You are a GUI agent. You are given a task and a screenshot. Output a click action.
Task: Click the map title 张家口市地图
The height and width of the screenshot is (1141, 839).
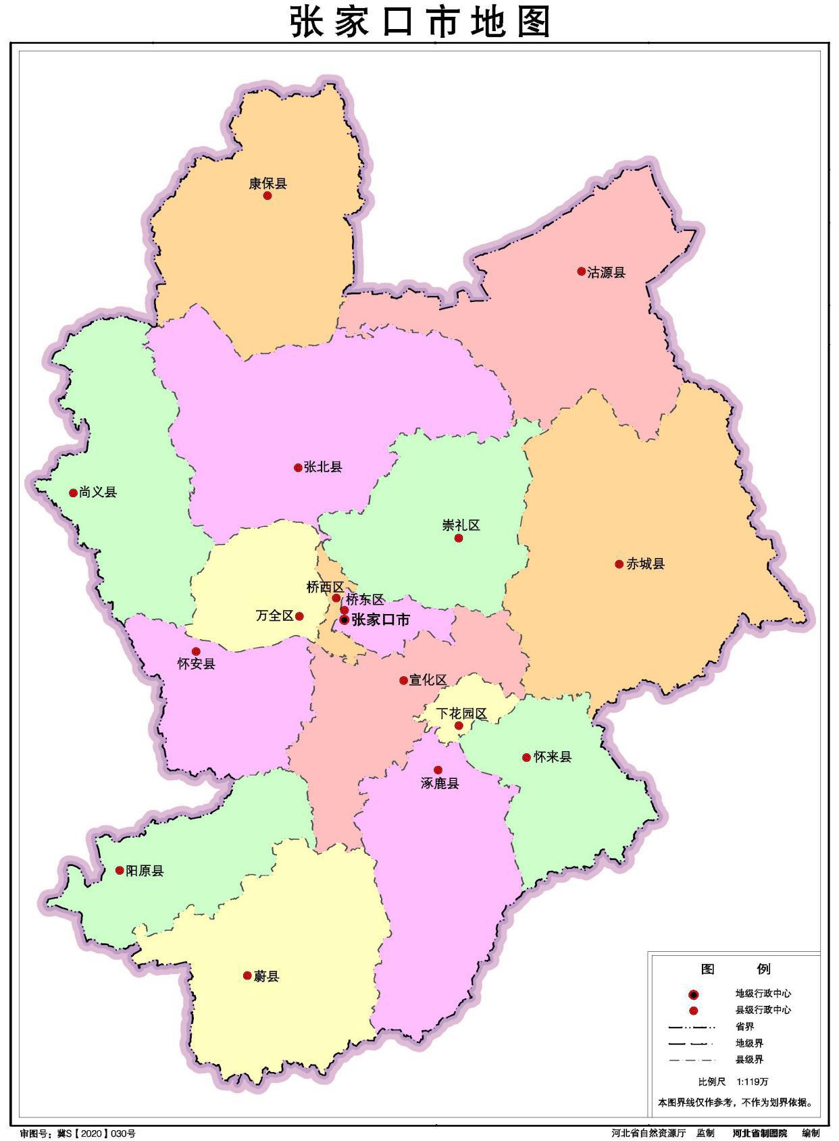point(420,22)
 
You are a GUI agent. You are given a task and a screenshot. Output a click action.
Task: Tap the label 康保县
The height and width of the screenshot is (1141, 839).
point(268,183)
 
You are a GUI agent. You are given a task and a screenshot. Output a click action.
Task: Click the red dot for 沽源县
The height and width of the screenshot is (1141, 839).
point(581,272)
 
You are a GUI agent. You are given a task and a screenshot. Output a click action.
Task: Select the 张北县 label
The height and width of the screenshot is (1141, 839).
point(323,467)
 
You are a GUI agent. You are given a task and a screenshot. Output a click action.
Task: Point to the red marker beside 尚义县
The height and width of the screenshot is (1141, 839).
point(73,493)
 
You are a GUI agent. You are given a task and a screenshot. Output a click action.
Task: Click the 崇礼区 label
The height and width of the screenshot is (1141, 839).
point(461,525)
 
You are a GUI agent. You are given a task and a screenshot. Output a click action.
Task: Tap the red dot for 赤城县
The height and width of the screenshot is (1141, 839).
point(619,564)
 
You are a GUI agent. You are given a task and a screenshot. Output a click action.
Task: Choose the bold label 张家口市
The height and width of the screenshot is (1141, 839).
point(380,619)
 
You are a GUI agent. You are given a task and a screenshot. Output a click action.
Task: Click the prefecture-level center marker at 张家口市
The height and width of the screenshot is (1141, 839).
point(345,619)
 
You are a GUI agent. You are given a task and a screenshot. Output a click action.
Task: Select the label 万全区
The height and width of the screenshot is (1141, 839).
point(275,615)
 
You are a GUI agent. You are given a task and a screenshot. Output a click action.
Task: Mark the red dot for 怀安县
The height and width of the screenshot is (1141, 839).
point(196,651)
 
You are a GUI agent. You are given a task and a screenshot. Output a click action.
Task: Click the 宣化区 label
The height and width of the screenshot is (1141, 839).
point(428,680)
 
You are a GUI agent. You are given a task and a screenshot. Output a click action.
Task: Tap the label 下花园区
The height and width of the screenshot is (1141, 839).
point(461,713)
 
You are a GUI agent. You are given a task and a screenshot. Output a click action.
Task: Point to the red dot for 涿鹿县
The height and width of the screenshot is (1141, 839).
point(438,769)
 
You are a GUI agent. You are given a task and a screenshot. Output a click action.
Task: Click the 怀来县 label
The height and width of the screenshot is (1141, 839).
point(553,757)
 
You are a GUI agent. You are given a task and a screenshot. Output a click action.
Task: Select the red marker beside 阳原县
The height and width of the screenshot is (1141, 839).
point(120,870)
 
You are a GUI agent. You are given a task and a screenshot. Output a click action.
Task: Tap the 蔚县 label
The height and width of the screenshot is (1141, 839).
point(266,975)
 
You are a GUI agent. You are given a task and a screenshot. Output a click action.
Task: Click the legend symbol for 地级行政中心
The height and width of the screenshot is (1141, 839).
point(692,994)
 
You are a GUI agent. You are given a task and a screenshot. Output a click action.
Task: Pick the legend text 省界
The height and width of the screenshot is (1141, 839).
point(744,1027)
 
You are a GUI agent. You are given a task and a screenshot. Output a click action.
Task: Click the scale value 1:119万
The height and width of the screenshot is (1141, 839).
point(753,1081)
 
